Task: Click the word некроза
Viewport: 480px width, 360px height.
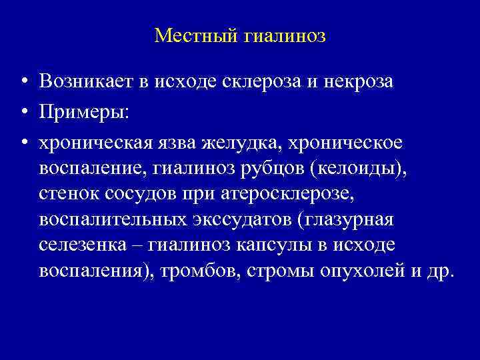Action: [359, 81]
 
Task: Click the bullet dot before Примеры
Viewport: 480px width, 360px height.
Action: [23, 113]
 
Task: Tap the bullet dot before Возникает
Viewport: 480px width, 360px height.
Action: [23, 82]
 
